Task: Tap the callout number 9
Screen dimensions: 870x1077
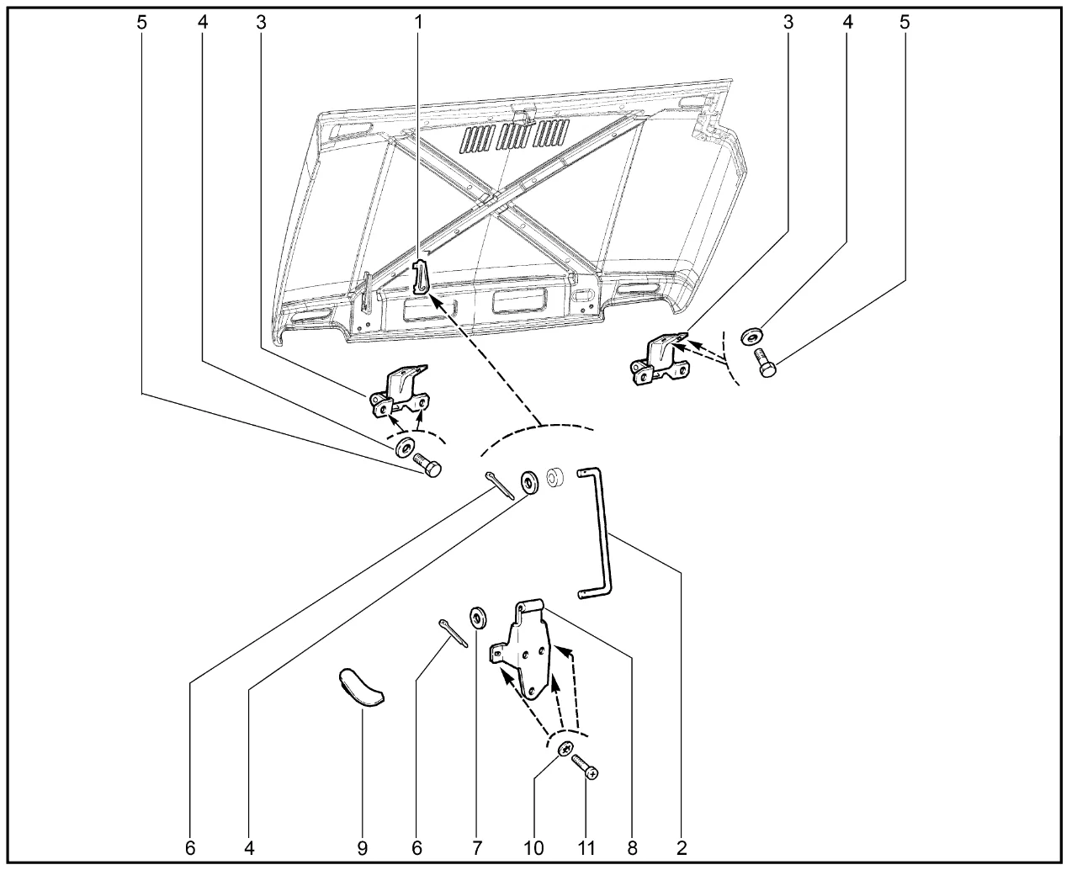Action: point(363,849)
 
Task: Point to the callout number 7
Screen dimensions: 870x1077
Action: point(477,849)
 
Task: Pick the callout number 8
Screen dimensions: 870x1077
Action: point(633,849)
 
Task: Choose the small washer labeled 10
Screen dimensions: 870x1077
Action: point(565,748)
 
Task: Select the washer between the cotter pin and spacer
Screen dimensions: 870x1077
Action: point(530,482)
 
